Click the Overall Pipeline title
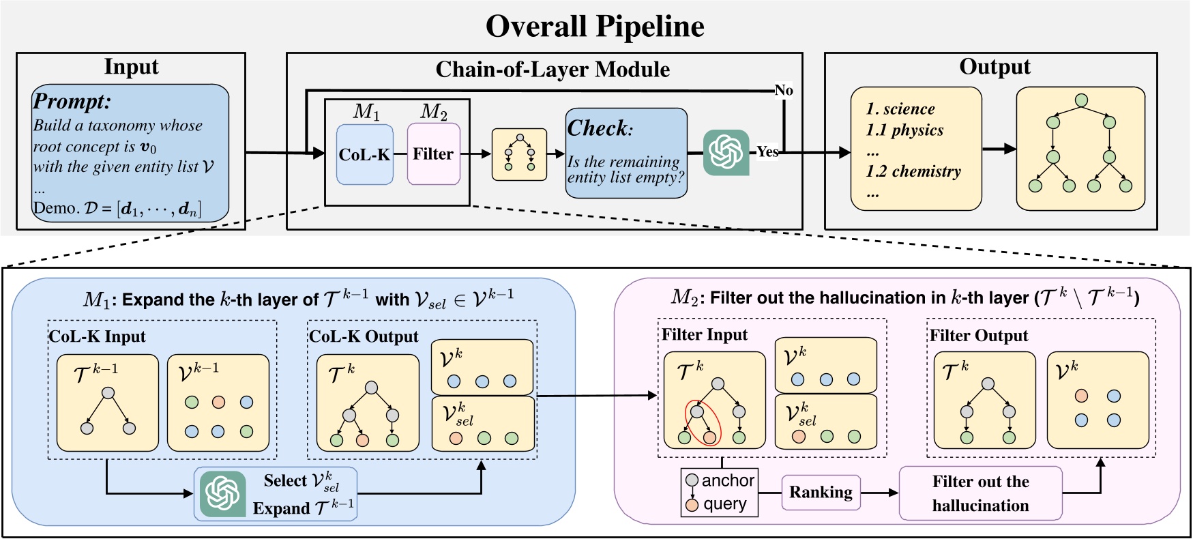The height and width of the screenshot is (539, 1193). point(595,27)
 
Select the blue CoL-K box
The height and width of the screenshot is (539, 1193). point(365,154)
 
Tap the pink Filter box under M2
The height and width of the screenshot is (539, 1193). point(433,154)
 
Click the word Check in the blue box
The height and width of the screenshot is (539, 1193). point(598,128)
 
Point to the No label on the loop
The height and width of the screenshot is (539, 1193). point(784,90)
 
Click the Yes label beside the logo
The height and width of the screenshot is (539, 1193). point(767,151)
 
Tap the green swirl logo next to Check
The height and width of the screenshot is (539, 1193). point(726,152)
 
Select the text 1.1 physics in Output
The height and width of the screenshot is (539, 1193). point(905,130)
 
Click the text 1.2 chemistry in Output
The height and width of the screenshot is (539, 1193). point(913,172)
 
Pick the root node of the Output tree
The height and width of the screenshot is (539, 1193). point(1080,100)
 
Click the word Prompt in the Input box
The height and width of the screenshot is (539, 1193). point(72,102)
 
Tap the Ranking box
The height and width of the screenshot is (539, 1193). point(821,493)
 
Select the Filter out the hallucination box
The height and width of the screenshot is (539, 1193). point(980,493)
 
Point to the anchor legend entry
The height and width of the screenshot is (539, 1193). point(720,480)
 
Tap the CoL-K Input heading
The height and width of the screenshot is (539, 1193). point(98,336)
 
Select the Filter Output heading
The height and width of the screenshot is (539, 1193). point(979,336)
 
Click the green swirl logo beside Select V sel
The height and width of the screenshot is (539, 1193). point(223,494)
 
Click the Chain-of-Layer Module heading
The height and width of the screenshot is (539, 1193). point(553,70)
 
